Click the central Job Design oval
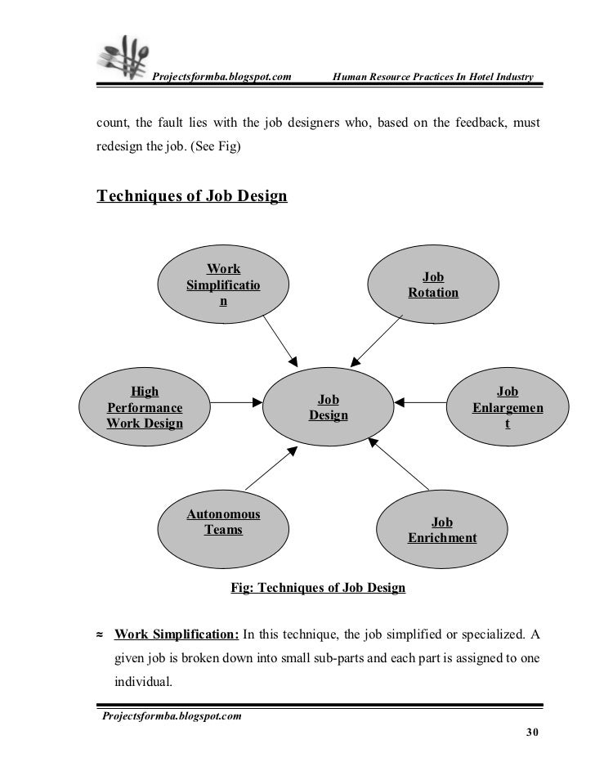[329, 407]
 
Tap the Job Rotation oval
[432, 285]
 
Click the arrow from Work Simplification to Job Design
[280, 338]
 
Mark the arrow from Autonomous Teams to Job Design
[271, 470]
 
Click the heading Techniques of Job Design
[192, 196]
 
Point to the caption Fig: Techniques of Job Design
[319, 588]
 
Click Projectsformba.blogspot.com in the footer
[171, 717]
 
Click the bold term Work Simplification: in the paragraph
[177, 634]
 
